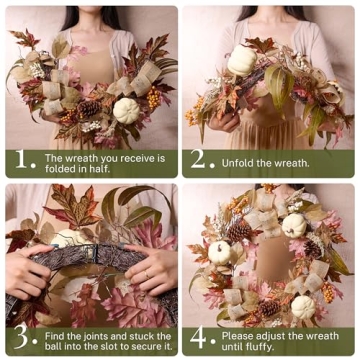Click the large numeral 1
point(19,161)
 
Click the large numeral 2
point(199,161)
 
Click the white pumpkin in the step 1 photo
point(128,110)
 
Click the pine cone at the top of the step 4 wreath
point(239,231)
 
